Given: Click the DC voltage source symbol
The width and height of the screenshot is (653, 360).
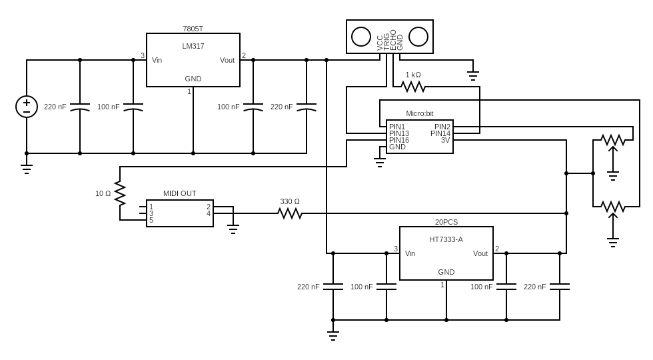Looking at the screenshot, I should (27, 107).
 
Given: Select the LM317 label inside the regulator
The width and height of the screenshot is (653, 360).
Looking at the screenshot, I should (193, 46).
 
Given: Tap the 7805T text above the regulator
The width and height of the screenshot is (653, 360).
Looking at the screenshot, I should (193, 29).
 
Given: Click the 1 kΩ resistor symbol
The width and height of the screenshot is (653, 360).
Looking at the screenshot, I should (413, 87).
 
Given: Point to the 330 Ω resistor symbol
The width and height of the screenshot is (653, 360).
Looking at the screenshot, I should (290, 213).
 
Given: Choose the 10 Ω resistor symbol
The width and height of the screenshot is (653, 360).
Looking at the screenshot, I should (120, 193).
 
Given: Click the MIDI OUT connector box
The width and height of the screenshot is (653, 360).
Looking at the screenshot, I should (180, 213).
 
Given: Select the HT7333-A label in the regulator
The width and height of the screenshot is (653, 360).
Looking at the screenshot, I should (446, 239).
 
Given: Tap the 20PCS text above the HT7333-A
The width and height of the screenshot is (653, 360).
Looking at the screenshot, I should (446, 222).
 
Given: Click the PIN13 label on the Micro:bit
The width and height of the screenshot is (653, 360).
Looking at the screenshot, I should (399, 133).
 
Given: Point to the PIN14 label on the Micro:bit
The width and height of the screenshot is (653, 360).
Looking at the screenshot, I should (440, 133).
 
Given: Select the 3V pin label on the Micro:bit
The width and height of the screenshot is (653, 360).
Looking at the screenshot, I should (445, 140).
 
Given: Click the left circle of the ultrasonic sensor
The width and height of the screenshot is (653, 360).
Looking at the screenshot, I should (361, 37).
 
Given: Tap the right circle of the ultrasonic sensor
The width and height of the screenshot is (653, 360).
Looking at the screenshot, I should (418, 37).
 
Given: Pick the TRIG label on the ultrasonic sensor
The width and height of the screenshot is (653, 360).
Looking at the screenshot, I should (386, 41).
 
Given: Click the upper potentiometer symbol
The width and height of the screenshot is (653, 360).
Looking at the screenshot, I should (613, 140).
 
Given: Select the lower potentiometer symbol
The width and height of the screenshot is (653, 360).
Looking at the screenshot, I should (613, 207).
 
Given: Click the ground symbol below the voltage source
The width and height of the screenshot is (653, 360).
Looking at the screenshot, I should (27, 168).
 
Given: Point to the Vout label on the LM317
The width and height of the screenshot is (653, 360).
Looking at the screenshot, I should (227, 60).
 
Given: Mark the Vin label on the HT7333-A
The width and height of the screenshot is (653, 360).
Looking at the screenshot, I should (410, 253).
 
